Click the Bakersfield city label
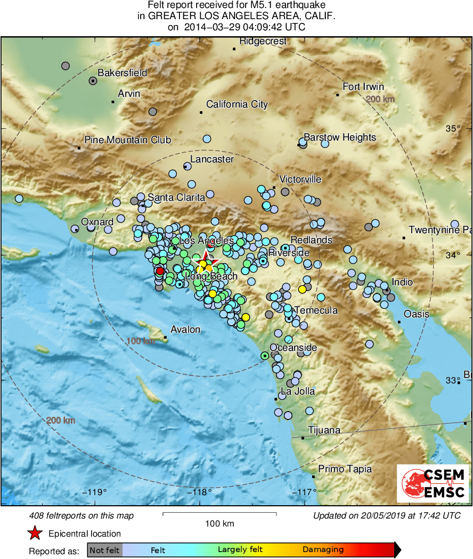[x=122, y=73]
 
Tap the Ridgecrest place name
[x=263, y=41]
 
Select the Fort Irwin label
[x=363, y=87]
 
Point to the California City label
[x=237, y=104]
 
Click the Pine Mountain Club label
[x=128, y=140]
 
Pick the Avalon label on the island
[x=185, y=330]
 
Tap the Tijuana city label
[x=324, y=430]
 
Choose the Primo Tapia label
[x=345, y=469]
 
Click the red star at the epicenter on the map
[x=205, y=260]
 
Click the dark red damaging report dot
[x=160, y=271]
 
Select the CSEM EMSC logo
[x=432, y=483]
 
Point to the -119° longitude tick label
[x=96, y=492]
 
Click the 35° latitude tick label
[x=453, y=128]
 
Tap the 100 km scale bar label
[x=219, y=524]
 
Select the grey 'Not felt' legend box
[x=104, y=550]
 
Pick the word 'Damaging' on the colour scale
[x=323, y=550]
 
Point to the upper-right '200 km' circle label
[x=380, y=100]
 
